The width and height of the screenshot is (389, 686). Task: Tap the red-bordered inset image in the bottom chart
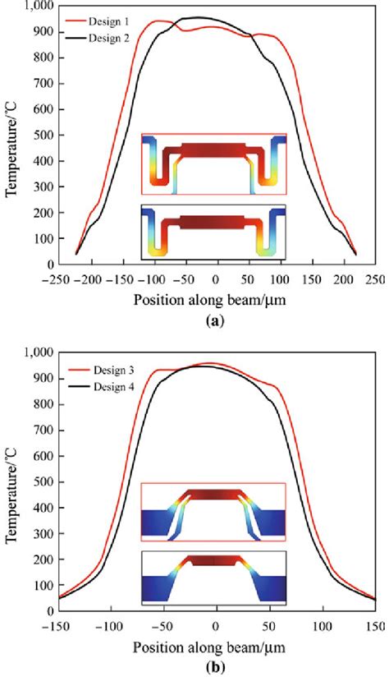click(213, 513)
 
